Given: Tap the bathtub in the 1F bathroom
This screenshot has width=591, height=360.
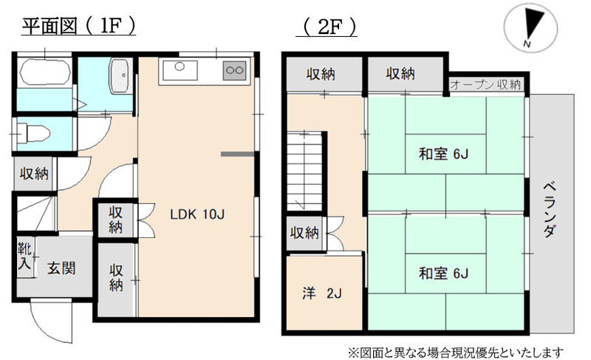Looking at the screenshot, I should (44, 73).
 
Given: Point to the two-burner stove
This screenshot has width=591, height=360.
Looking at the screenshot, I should (235, 71).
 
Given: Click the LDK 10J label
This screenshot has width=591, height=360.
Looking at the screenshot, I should (197, 215).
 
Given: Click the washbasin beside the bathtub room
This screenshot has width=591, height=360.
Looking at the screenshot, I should (119, 74).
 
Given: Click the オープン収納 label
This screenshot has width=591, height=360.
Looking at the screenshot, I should (485, 84).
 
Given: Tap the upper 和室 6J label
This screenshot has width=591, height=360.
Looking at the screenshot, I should (444, 154).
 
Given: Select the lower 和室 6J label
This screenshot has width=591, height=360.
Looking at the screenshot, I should (444, 274).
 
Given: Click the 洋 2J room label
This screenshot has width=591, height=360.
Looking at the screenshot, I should (321, 293).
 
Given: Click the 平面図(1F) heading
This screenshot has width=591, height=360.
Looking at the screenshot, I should (78, 27).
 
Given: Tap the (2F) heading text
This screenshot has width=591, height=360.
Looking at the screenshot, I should (327, 27).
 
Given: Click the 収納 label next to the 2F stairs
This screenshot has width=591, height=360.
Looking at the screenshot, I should (304, 233).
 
